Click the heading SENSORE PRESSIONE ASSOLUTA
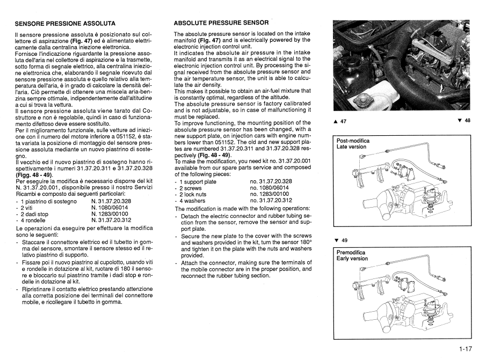pyautogui.click(x=65, y=24)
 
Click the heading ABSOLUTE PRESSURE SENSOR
pyautogui.click(x=221, y=24)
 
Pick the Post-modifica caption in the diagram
pyautogui.click(x=353, y=141)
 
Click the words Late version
pyautogui.click(x=351, y=147)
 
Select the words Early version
pyautogui.click(x=352, y=258)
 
